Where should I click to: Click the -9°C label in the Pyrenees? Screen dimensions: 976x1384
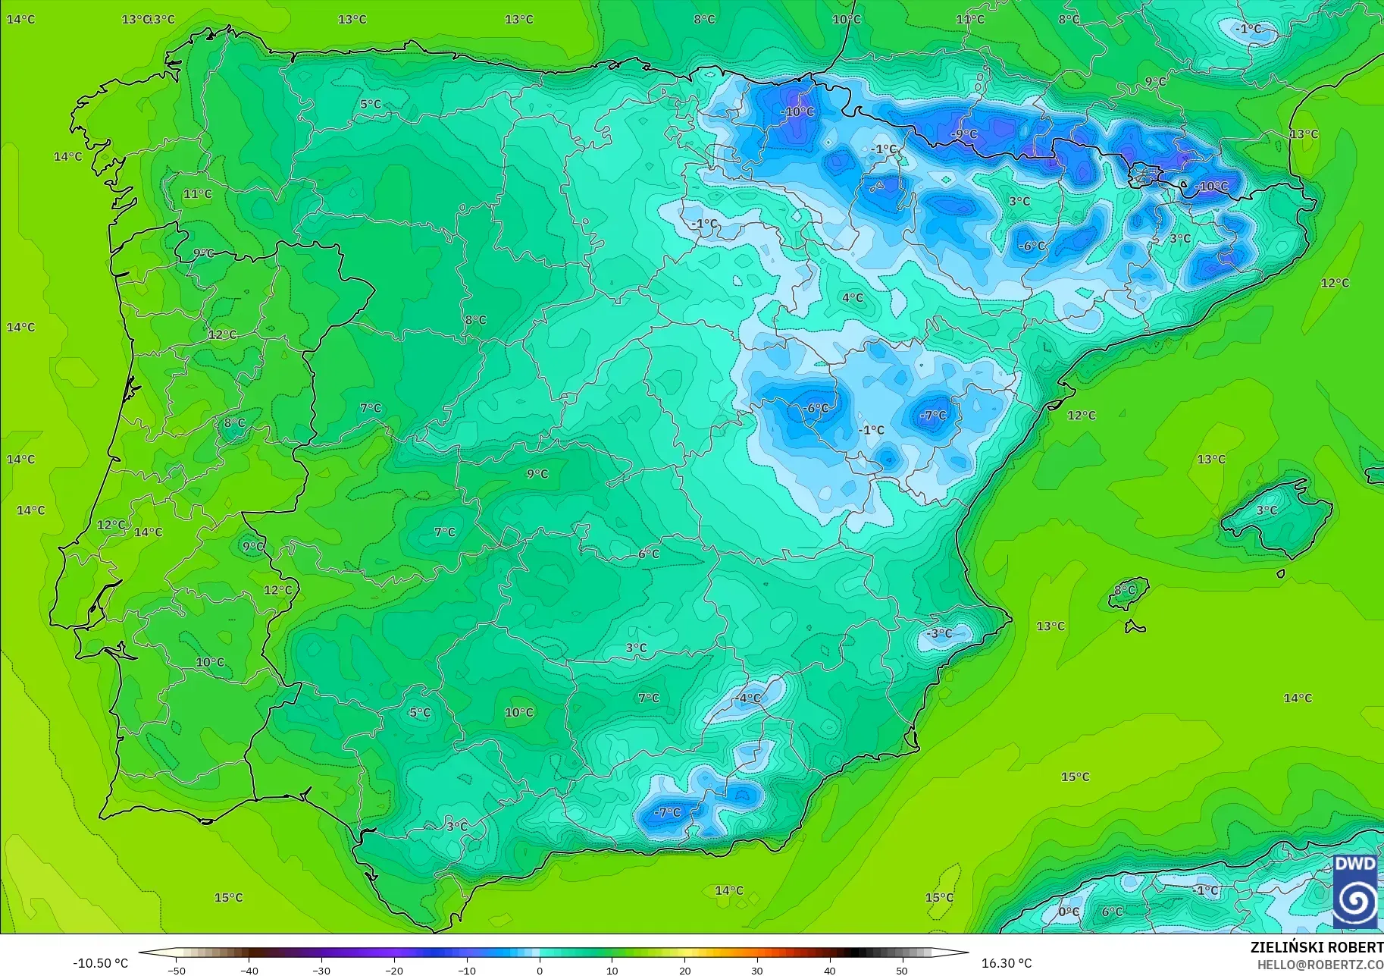coord(964,134)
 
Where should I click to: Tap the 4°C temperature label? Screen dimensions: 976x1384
coord(853,298)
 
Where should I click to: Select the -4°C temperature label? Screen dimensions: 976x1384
coord(748,698)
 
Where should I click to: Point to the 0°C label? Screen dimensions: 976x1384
coord(1069,912)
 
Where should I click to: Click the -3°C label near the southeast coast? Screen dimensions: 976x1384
coord(940,633)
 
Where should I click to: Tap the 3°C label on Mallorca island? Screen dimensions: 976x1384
coord(1267,510)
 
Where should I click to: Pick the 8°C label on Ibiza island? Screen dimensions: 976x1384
coord(1126,590)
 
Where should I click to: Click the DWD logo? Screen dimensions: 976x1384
coord(1355,891)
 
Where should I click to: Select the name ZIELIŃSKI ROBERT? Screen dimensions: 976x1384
coord(1317,947)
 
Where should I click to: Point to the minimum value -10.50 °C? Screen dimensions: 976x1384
coord(100,963)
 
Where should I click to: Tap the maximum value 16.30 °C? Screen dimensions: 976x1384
coord(1007,963)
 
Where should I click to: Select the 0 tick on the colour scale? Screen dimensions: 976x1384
coord(540,970)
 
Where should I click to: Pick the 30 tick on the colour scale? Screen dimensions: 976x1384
coord(757,970)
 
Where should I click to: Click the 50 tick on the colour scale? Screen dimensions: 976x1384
coord(902,970)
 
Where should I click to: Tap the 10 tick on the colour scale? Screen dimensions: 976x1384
coord(612,970)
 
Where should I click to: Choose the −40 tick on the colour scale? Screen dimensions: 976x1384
coord(249,970)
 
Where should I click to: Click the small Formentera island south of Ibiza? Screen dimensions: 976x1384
coord(1135,627)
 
